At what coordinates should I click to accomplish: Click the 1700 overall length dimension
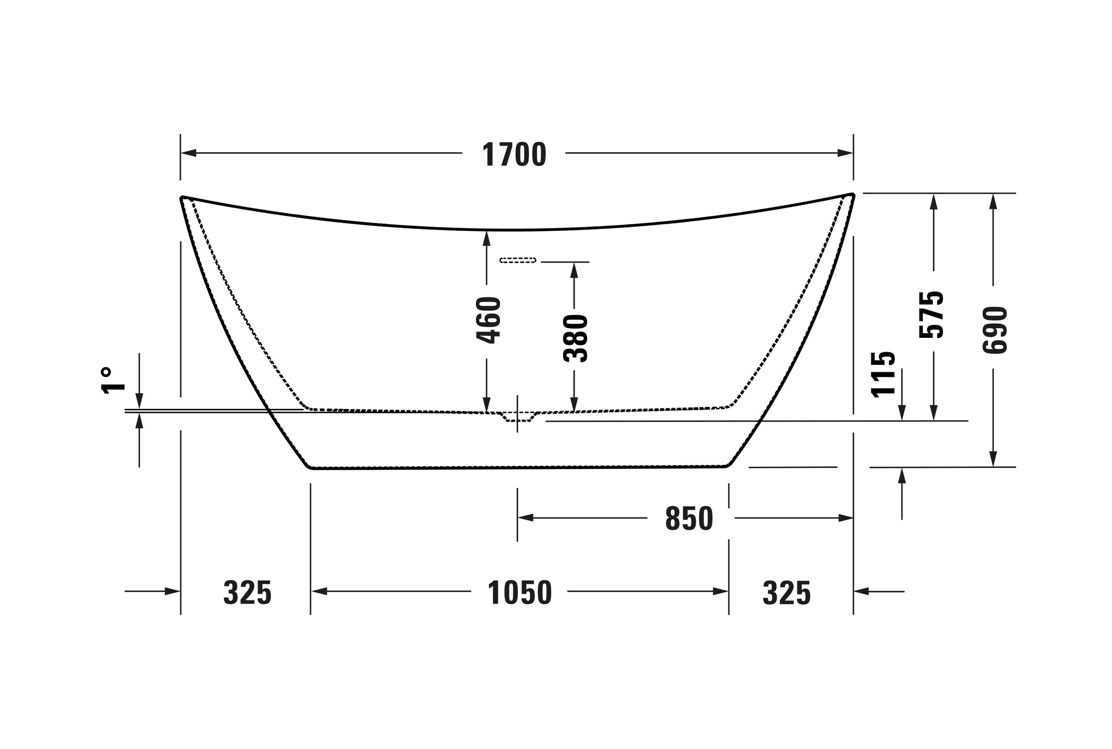tap(514, 154)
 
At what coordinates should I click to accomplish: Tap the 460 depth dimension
tap(488, 320)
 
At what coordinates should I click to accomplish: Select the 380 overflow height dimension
tap(576, 338)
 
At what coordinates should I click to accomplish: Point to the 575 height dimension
tap(931, 314)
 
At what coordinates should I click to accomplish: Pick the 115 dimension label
tap(882, 374)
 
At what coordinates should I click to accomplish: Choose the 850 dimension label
tap(689, 519)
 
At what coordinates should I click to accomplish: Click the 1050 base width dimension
tap(520, 593)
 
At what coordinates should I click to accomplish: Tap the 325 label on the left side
tap(248, 593)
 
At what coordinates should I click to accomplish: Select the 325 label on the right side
tap(786, 593)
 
